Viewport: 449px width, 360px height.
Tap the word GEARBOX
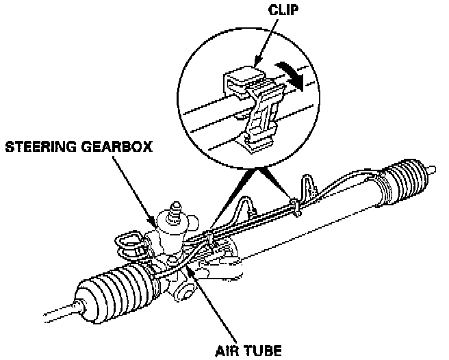tap(120, 147)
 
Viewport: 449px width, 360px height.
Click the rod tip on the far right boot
tap(433, 166)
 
